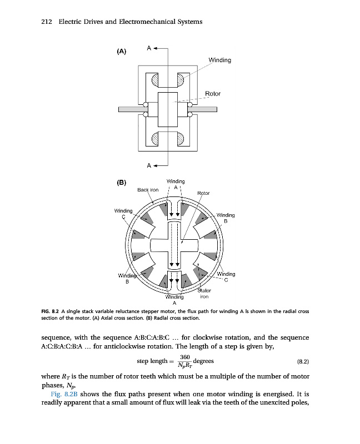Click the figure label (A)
(122, 52)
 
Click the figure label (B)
(122, 182)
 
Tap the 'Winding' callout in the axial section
(219, 60)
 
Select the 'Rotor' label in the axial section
(213, 93)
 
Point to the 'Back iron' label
(148, 190)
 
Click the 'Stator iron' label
(205, 294)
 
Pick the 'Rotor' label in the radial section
(203, 193)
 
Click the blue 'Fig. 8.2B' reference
(57, 394)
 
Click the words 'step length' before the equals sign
(152, 361)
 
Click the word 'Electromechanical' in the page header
(136, 22)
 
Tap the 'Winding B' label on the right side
(226, 218)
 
